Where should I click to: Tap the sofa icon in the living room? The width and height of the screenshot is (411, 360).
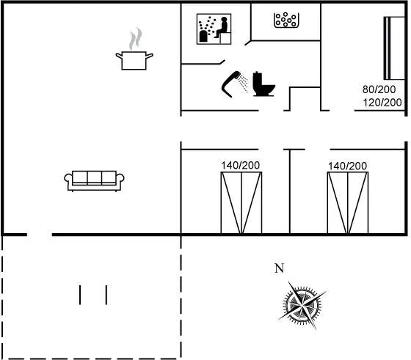(95, 181)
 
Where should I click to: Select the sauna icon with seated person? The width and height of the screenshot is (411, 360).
(214, 29)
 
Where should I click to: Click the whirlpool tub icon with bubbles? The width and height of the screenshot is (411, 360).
(286, 20)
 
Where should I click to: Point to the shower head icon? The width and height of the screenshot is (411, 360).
(230, 84)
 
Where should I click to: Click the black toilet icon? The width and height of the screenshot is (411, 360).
(263, 84)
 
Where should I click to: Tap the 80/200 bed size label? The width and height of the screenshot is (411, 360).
(379, 89)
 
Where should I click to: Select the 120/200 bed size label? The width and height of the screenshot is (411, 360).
(382, 103)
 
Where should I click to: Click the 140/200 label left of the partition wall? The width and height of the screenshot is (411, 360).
(241, 166)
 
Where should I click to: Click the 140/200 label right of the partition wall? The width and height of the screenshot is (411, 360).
(348, 166)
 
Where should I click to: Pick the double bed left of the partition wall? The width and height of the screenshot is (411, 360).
(241, 202)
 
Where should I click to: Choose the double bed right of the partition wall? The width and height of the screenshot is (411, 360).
(348, 202)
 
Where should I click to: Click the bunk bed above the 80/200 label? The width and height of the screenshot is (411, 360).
(394, 48)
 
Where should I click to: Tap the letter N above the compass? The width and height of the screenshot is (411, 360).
(279, 268)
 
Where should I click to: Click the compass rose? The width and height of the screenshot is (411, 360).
(302, 305)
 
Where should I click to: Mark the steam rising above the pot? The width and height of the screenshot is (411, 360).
(136, 39)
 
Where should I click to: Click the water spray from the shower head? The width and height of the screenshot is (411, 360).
(243, 84)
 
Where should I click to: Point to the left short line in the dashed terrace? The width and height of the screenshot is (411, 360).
(80, 295)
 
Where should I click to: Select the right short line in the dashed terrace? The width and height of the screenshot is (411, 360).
(106, 295)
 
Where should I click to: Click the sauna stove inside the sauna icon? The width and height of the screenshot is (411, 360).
(203, 36)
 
